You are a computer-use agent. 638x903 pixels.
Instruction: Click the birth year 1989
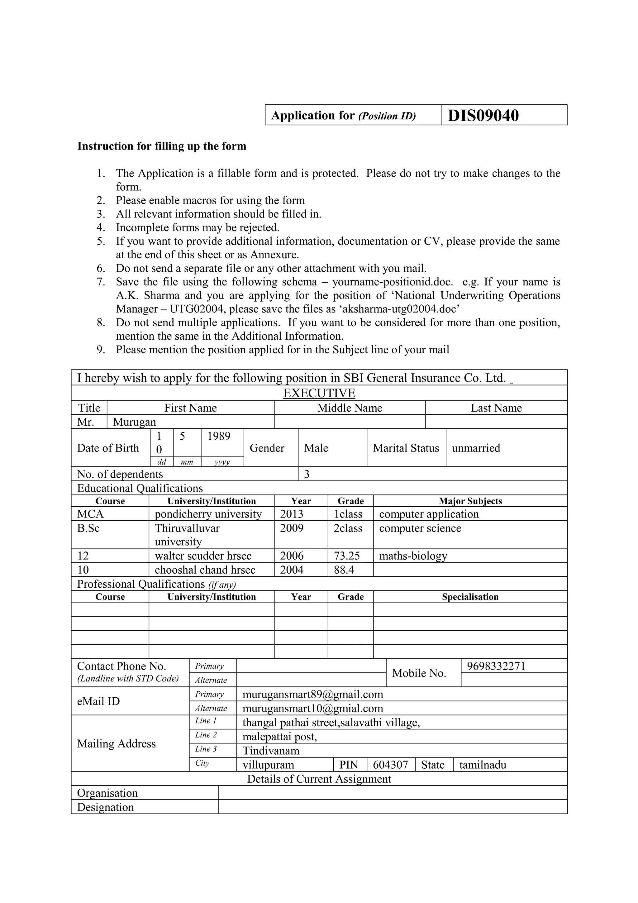219,436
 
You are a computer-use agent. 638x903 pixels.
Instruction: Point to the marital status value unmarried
476,448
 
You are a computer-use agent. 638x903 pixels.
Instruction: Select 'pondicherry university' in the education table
208,514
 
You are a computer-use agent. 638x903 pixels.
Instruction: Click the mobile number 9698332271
496,666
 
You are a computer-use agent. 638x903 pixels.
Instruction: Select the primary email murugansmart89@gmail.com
312,695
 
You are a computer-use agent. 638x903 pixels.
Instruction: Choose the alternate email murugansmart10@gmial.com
312,709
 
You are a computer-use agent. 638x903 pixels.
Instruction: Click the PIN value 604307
390,765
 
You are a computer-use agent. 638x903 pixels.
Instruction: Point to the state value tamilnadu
483,765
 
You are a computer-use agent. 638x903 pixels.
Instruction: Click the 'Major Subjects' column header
470,501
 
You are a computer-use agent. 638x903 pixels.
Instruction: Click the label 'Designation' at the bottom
105,807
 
